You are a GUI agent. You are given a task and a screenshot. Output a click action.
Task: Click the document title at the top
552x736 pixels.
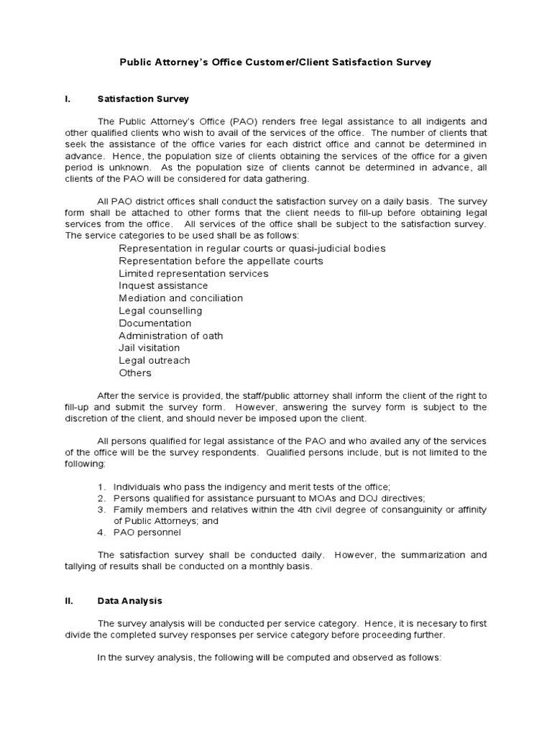(x=275, y=63)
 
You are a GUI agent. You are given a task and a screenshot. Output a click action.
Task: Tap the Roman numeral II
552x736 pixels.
(x=68, y=601)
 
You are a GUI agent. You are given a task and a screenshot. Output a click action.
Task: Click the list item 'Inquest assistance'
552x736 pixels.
(x=163, y=285)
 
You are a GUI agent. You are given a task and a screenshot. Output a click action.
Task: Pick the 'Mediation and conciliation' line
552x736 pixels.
(x=180, y=298)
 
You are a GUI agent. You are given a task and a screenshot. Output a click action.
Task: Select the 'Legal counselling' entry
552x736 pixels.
(x=160, y=310)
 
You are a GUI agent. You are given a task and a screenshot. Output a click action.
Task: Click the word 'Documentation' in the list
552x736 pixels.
(x=155, y=323)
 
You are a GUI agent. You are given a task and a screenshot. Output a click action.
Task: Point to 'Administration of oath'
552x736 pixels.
(x=170, y=336)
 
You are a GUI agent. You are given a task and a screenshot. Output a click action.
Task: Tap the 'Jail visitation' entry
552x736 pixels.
(x=149, y=348)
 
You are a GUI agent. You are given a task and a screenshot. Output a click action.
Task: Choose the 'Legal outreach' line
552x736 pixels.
(x=154, y=360)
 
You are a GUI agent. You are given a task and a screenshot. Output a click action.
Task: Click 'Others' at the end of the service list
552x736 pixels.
(x=135, y=373)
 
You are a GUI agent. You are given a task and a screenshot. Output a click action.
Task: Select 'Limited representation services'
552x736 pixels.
(x=193, y=273)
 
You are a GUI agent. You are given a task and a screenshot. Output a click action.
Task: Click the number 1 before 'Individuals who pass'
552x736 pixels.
(x=101, y=487)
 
